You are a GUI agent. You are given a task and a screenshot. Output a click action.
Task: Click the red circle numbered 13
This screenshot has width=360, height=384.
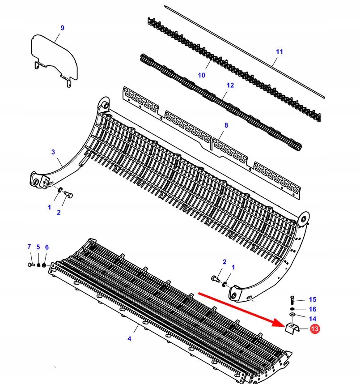point(314,329)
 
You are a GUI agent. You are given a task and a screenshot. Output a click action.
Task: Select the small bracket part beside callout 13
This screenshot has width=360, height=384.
point(292,329)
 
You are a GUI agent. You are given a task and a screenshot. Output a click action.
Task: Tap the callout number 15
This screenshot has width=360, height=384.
point(313,299)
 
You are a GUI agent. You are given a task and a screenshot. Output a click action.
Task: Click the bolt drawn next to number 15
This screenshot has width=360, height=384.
point(292,299)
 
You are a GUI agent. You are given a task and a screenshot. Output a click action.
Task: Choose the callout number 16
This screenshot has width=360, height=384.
point(313,309)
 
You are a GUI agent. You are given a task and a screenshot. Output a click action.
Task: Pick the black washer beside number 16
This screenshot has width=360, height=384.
point(292,309)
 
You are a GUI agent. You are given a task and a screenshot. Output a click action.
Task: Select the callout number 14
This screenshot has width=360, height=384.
point(313,319)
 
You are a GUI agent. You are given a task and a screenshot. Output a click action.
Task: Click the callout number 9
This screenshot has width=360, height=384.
point(62,28)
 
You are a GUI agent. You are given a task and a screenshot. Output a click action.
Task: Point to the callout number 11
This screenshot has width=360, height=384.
point(280,52)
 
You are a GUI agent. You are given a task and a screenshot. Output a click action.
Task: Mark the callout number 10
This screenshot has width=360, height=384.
point(201,75)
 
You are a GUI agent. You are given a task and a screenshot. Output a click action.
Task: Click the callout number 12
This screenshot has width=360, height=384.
point(230,85)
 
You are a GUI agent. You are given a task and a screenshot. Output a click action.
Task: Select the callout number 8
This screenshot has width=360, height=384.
point(226,125)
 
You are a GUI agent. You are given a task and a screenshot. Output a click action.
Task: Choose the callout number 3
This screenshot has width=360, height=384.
point(53,152)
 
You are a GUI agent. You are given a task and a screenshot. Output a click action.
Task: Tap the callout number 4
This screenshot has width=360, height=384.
point(129,339)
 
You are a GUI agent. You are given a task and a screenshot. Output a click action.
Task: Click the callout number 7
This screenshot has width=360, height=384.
point(29,247)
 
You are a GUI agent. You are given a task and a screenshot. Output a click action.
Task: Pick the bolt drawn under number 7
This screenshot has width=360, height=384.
point(30,265)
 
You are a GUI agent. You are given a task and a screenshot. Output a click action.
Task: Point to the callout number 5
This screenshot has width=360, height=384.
point(38,247)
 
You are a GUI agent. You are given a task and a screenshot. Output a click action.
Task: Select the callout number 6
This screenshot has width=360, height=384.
point(47,247)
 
